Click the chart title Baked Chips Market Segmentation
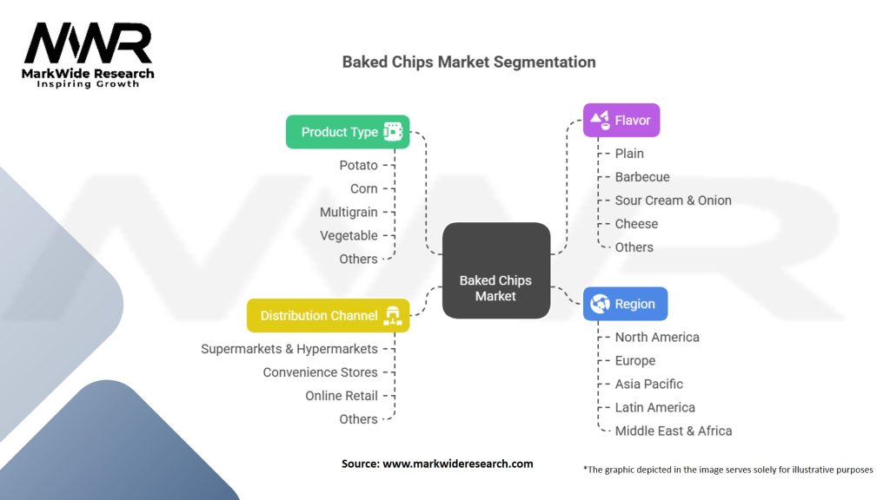(468, 62)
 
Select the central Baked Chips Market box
(495, 271)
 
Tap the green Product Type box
(348, 132)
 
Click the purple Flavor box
(621, 120)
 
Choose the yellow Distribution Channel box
(328, 316)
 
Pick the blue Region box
(625, 304)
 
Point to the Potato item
(358, 165)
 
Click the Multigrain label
(349, 212)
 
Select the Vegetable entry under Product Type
(349, 235)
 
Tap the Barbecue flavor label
(642, 177)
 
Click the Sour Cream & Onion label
(673, 201)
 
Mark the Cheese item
(636, 224)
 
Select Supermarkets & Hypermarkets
(289, 349)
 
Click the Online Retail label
(342, 396)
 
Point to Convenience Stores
(321, 372)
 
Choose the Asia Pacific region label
(649, 384)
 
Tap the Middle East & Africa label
(674, 431)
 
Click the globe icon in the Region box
(600, 304)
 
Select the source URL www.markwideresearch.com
(458, 464)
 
